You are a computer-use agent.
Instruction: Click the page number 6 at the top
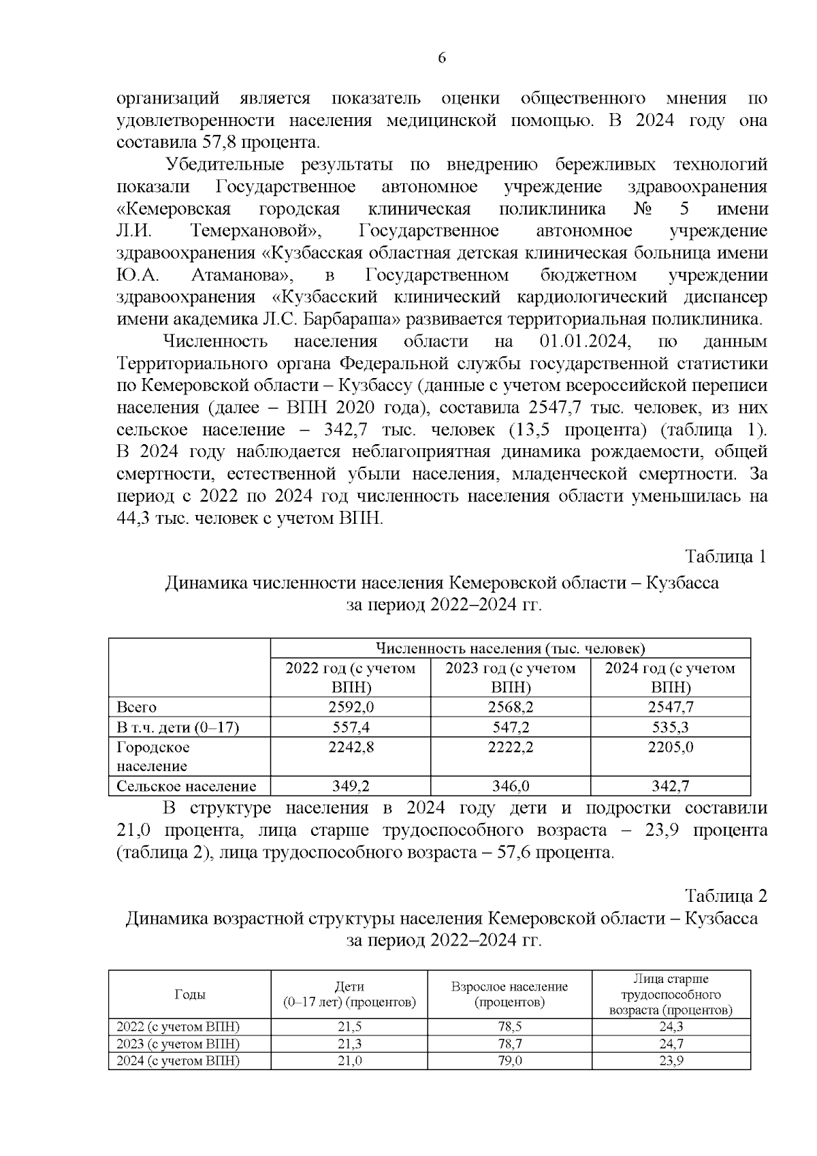pyautogui.click(x=441, y=59)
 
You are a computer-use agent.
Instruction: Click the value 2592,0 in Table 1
pyautogui.click(x=351, y=707)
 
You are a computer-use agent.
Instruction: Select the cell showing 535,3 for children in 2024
pyautogui.click(x=671, y=728)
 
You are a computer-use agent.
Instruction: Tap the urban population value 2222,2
pyautogui.click(x=511, y=747)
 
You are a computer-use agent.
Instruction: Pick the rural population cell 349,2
pyautogui.click(x=351, y=786)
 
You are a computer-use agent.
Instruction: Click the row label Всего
pyautogui.click(x=137, y=707)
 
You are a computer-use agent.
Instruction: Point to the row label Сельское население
pyautogui.click(x=187, y=786)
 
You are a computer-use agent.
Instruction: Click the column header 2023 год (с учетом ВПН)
pyautogui.click(x=511, y=677)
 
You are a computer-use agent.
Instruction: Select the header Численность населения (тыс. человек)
pyautogui.click(x=511, y=648)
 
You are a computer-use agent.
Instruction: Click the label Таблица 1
pyautogui.click(x=726, y=557)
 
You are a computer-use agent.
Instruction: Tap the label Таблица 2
pyautogui.click(x=726, y=895)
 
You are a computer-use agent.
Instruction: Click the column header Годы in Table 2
pyautogui.click(x=190, y=995)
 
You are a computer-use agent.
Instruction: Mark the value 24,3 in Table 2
pyautogui.click(x=671, y=1027)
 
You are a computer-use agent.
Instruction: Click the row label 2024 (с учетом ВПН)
pyautogui.click(x=178, y=1061)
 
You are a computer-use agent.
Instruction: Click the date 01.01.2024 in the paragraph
pyautogui.click(x=583, y=341)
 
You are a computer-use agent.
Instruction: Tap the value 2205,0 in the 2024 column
pyautogui.click(x=671, y=747)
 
